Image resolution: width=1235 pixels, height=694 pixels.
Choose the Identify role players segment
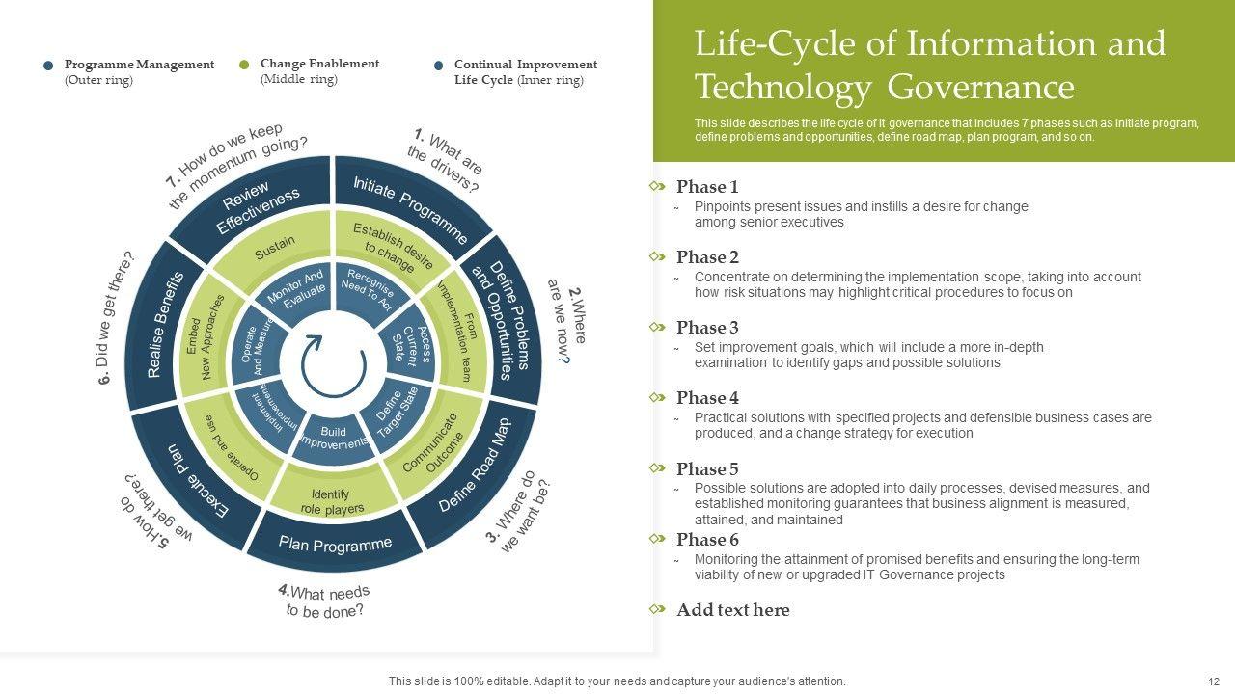332,501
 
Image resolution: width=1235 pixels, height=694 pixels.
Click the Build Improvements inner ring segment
333,439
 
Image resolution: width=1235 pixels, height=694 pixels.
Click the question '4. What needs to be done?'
324,601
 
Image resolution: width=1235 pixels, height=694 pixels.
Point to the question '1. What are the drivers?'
445,158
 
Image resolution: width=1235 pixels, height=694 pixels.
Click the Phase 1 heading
707,187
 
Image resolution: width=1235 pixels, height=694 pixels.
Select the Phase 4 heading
707,398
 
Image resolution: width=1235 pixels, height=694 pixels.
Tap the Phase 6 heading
707,540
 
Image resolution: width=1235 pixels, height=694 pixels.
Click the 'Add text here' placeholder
732,610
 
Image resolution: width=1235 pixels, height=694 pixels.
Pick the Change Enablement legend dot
244,66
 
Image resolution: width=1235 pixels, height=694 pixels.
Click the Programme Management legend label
139,65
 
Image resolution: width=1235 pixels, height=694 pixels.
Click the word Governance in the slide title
979,88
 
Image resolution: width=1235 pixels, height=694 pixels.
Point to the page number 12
1213,681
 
